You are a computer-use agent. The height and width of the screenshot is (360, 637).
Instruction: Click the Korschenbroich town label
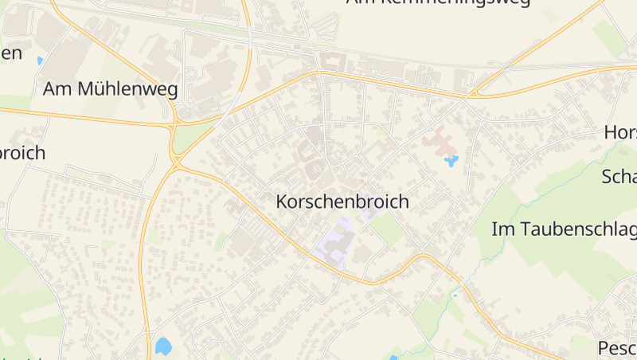(x=342, y=202)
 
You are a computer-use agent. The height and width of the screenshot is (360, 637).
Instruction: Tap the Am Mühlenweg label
(x=111, y=88)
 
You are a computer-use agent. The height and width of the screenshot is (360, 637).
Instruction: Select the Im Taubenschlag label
(x=565, y=229)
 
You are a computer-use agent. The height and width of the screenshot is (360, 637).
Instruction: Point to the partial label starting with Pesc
(x=616, y=348)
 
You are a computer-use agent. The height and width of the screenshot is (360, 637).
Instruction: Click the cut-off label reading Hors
(x=620, y=132)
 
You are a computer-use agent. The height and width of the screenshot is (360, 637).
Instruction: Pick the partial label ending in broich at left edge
(x=22, y=153)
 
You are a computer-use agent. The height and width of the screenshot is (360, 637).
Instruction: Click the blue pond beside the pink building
(x=451, y=162)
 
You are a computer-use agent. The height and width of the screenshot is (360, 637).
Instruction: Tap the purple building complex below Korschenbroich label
(x=335, y=244)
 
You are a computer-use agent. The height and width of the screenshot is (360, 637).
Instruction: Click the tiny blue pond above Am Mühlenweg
(x=40, y=61)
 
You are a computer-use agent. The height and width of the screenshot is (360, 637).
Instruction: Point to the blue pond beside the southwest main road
(x=163, y=346)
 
